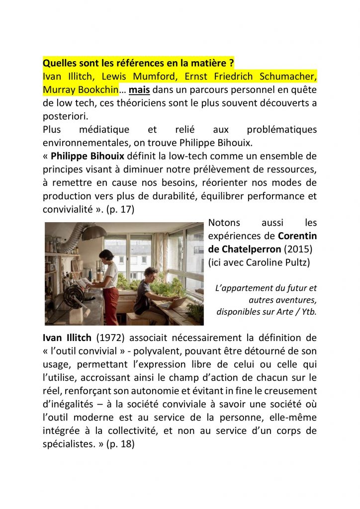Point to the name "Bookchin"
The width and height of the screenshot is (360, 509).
[96, 90]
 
